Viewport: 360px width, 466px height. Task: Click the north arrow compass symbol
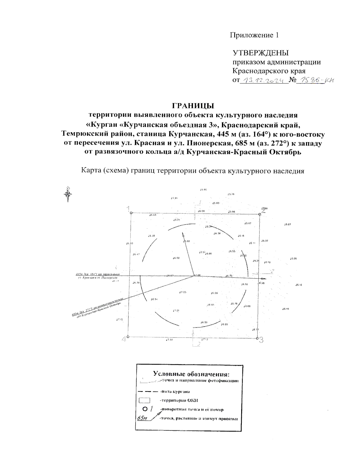(69, 193)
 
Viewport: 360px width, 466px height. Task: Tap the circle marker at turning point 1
(131, 213)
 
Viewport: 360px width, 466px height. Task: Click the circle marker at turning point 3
(257, 338)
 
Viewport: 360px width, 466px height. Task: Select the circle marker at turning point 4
(128, 337)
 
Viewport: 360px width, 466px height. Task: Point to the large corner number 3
(261, 340)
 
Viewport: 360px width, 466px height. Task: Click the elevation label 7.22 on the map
(169, 340)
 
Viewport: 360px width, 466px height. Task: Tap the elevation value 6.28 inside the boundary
(152, 236)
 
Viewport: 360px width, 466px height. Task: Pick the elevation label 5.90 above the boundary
(203, 190)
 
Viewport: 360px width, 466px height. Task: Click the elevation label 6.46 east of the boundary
(286, 309)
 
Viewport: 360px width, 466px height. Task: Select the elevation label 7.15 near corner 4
(119, 320)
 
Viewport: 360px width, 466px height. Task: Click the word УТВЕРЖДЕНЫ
(261, 53)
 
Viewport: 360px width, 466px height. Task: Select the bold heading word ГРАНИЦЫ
(193, 106)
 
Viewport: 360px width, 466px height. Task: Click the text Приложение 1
(254, 35)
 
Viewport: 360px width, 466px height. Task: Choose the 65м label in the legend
(140, 418)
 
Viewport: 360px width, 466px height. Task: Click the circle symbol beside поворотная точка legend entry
(145, 409)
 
